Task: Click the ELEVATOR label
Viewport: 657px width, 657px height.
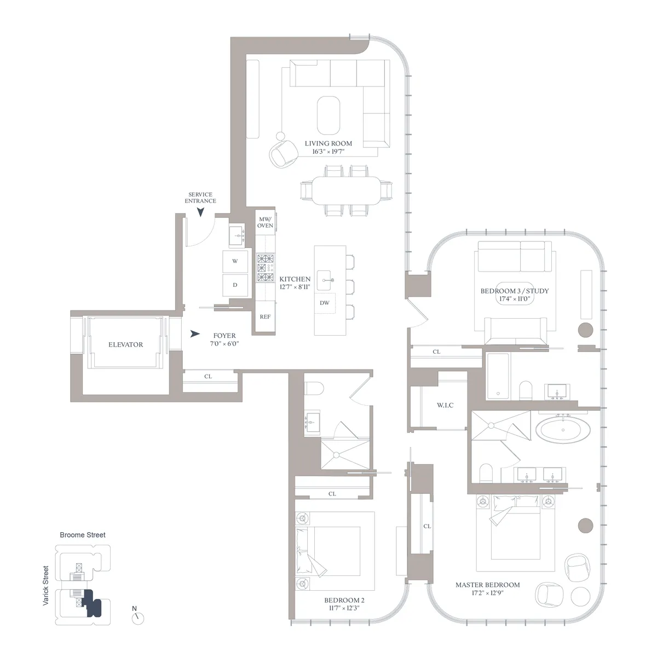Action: click(125, 344)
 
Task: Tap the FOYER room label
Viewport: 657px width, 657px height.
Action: click(224, 336)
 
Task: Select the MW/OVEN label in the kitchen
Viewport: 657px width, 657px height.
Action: click(265, 222)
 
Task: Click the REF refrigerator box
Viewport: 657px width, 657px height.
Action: click(265, 316)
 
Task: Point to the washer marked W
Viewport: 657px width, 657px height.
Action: click(235, 261)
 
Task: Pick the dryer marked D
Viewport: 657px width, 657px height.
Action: click(235, 285)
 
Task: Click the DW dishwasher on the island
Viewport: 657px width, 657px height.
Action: click(325, 303)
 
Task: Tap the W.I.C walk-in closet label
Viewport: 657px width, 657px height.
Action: click(445, 405)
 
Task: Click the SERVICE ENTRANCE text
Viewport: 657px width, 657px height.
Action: click(200, 198)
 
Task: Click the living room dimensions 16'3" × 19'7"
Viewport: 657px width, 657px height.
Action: click(328, 152)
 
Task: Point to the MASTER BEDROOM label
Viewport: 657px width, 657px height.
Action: click(487, 585)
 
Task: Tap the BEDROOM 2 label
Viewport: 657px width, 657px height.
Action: click(344, 600)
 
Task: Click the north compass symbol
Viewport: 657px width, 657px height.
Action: click(138, 618)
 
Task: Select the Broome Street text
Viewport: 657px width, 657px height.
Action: click(83, 535)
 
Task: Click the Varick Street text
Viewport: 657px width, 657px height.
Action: click(46, 586)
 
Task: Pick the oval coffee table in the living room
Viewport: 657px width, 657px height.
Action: click(328, 114)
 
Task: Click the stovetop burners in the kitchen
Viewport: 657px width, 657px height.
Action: click(266, 268)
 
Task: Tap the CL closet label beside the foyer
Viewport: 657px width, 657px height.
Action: click(208, 377)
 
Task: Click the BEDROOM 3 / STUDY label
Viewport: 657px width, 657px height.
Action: click(514, 291)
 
